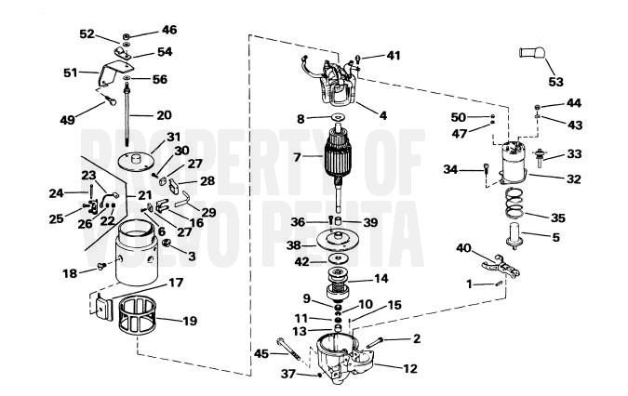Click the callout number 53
pos(555,82)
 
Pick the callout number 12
pos(409,368)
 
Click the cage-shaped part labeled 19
pos(138,316)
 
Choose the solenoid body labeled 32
pos(514,164)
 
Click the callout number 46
pos(169,30)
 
